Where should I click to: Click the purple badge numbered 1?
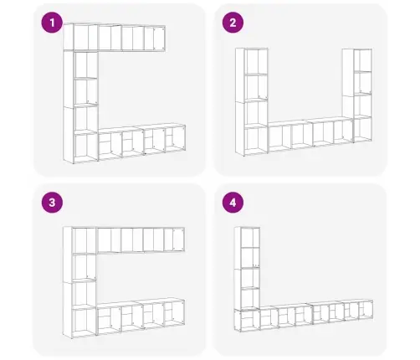coord(52,23)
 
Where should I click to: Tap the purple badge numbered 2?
coord(233,23)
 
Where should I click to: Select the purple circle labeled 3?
coord(52,203)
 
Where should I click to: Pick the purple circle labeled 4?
coord(233,203)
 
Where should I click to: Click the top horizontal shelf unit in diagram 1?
coord(115,37)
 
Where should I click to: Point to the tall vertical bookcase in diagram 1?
coord(80,106)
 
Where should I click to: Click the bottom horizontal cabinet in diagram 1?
coord(142,142)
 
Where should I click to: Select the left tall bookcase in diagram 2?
coord(252,102)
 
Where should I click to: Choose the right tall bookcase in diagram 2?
coord(357,95)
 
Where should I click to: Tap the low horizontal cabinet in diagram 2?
coord(310,135)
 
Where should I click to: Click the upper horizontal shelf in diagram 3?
coord(141,240)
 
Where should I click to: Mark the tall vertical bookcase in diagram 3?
coord(79,282)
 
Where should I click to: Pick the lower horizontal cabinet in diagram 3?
coord(141,316)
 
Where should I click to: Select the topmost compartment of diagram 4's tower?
coord(250,238)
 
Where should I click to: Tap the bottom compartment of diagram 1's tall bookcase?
coord(86,147)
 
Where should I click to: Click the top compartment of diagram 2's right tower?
coord(362,60)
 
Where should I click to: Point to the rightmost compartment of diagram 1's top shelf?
coord(155,39)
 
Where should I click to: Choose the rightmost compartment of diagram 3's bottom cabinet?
coord(174,313)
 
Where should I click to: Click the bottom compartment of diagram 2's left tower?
coord(256,141)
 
